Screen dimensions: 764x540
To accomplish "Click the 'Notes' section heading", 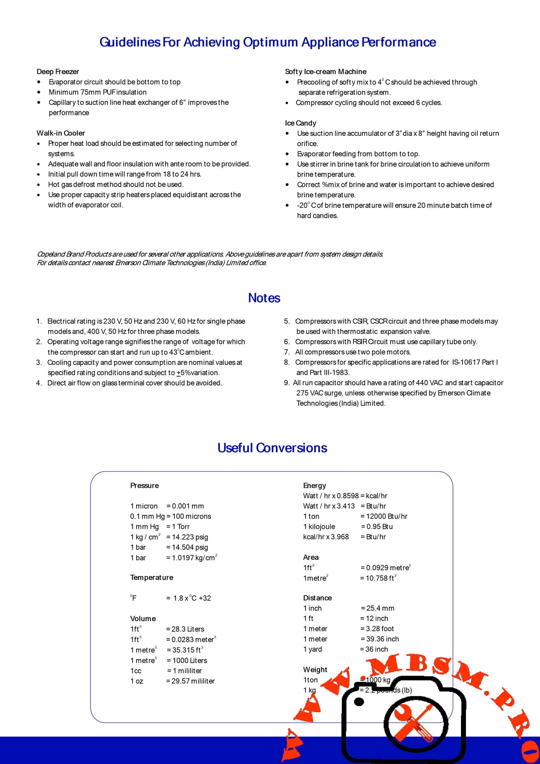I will pos(264,298).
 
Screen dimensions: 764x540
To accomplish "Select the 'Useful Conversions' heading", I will pos(272,448).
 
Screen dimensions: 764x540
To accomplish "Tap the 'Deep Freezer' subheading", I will pos(58,72).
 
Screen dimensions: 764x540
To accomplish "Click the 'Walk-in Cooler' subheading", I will pos(61,133).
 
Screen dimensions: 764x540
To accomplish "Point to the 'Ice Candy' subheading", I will pos(300,123).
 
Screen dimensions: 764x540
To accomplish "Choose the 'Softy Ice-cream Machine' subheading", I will pos(325,72).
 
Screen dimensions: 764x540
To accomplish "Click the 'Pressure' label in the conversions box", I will pos(144,486).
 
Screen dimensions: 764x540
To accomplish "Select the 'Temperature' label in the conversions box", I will pos(152,577).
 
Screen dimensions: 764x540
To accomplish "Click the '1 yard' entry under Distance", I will pos(312,649).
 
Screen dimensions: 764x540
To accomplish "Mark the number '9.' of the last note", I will pos(287,383).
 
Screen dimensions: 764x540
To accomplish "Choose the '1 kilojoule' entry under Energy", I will pos(319,526).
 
